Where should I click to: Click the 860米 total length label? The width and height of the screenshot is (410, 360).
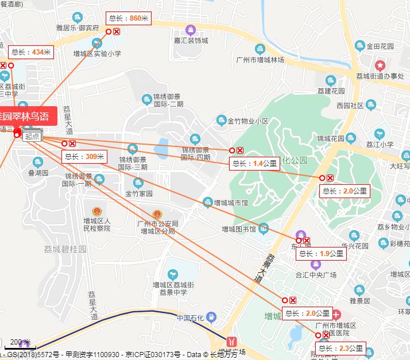coord(128,18)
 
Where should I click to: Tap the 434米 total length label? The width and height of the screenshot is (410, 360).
coord(32,52)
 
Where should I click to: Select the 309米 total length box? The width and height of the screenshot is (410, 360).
coord(84,156)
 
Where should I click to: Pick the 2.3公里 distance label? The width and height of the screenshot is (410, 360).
coord(341,348)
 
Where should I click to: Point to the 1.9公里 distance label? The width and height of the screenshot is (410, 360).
coord(321,253)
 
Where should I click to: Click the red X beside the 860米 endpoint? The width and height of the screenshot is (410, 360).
coord(117,32)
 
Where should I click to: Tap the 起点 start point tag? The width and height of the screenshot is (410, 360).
coord(32,136)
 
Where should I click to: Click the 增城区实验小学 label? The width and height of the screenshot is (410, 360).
coord(98,53)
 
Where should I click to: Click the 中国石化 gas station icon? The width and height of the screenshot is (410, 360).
coord(211,317)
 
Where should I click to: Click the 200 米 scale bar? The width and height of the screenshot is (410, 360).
coord(20,347)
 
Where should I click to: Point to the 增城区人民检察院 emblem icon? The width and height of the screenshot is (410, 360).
coord(96,211)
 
